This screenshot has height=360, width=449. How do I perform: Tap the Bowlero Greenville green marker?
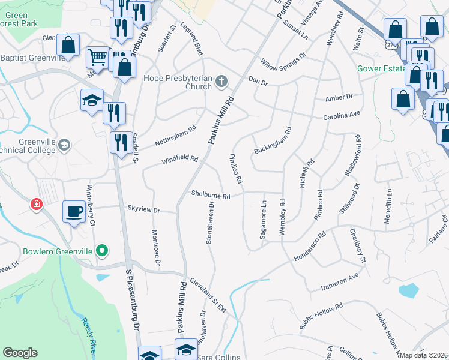(x=103, y=250)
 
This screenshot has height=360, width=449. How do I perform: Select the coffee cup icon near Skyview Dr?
(x=74, y=212)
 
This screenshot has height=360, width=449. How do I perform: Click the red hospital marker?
(x=37, y=205)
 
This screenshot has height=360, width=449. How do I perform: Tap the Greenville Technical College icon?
(x=64, y=145)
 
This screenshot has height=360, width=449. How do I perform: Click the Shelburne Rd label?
(x=211, y=196)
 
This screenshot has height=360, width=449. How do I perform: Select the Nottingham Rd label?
(x=175, y=137)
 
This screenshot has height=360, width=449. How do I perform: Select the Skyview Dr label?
(x=143, y=210)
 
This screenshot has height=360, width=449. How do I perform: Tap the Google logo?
(x=20, y=353)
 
